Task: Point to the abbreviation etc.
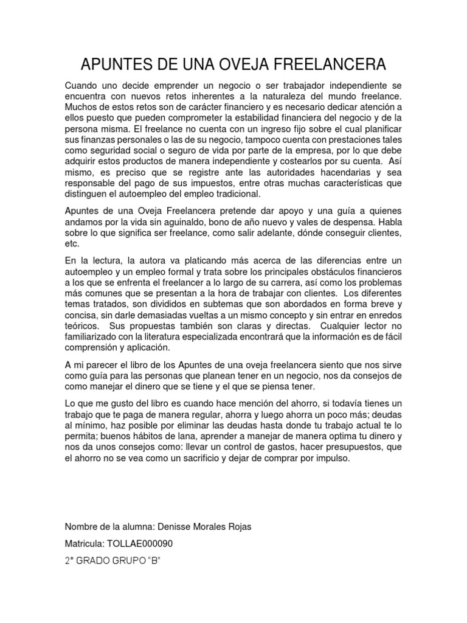[72, 245]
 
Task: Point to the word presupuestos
[344, 448]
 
